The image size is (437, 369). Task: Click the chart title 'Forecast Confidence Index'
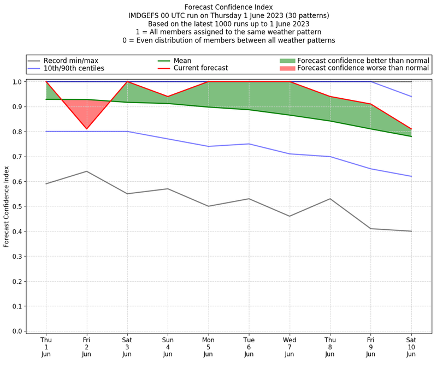[x=228, y=7]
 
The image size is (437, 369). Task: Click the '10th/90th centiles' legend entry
[x=74, y=68]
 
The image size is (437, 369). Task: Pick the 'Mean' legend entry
[x=182, y=60]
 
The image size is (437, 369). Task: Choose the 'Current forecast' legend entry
[x=200, y=68]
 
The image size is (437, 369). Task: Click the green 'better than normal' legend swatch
[x=287, y=60]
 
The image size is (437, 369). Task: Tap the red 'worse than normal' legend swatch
[x=287, y=68]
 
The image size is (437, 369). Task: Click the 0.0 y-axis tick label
[x=17, y=331]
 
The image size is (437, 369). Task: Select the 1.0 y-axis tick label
[x=17, y=82]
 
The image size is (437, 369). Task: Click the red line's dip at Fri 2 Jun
[x=86, y=129]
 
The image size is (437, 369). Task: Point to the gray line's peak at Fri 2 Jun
[x=86, y=171]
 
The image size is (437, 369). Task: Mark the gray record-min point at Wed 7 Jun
[x=289, y=216]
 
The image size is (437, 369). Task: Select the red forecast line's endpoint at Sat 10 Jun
[x=411, y=129]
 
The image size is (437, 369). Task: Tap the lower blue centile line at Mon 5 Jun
[x=208, y=146]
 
